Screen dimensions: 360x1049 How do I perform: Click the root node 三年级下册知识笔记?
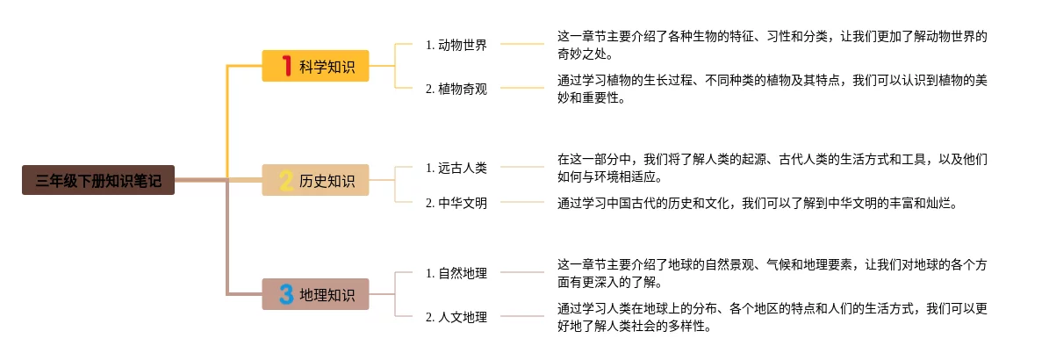[x=98, y=180]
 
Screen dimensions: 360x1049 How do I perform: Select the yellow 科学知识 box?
[x=316, y=66]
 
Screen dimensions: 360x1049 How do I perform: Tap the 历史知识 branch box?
[x=316, y=180]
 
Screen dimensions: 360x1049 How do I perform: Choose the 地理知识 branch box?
[x=316, y=294]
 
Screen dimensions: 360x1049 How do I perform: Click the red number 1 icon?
[x=285, y=66]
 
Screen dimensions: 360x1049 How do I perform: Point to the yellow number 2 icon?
[x=285, y=180]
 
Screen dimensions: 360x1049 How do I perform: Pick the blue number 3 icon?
[x=285, y=294]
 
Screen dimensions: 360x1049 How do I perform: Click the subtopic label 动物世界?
[x=456, y=45]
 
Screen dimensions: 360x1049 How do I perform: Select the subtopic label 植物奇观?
[x=456, y=88]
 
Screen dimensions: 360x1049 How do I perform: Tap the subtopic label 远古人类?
[x=456, y=167]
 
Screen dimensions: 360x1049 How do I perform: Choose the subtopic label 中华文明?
[x=456, y=203]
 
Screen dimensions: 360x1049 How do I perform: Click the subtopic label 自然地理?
[x=456, y=273]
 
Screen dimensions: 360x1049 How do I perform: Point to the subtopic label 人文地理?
[x=456, y=317]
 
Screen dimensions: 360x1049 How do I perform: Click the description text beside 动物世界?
[x=772, y=45]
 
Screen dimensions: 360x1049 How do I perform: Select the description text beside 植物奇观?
[x=772, y=89]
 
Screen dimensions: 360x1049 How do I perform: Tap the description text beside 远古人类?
[x=772, y=168]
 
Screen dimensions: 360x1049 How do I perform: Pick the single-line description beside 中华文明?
[x=755, y=203]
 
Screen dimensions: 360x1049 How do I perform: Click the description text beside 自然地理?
[x=772, y=273]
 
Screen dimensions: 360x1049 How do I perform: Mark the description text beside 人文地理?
[x=772, y=317]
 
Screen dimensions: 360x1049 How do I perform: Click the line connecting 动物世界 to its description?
[x=522, y=44]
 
